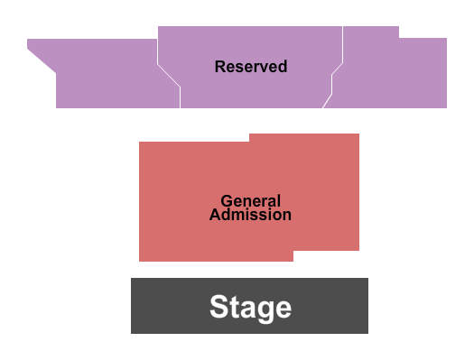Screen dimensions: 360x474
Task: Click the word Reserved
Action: click(x=251, y=67)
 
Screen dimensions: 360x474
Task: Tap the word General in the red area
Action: click(x=251, y=201)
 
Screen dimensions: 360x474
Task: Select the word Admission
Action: click(x=250, y=215)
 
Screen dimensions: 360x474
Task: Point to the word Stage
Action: click(x=250, y=307)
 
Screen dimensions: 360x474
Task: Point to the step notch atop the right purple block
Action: click(x=399, y=37)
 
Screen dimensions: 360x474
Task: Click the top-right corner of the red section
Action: click(x=358, y=134)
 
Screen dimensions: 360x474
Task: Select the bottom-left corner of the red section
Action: click(x=140, y=261)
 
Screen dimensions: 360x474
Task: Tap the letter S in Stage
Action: click(x=218, y=307)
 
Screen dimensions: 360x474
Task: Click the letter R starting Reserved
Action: click(x=219, y=67)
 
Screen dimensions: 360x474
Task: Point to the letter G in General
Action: click(x=226, y=201)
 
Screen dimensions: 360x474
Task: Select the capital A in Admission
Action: click(x=215, y=215)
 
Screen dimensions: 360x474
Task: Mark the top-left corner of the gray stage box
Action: click(x=132, y=279)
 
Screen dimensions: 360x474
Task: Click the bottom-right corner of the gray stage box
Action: click(x=367, y=333)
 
